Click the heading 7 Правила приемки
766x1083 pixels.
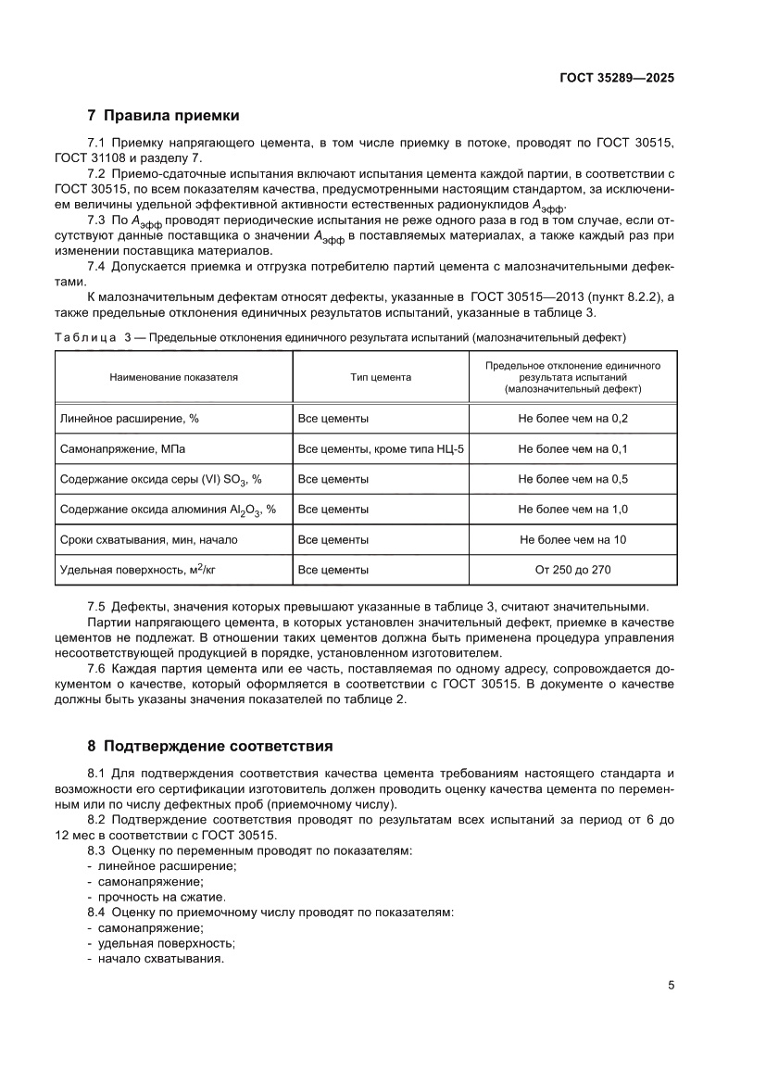coord(163,117)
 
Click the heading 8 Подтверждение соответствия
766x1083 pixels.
coord(209,745)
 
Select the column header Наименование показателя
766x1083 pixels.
coord(174,378)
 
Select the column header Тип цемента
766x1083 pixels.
coord(381,378)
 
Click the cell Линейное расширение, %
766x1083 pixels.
coord(129,419)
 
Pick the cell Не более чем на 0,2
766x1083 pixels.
coord(573,419)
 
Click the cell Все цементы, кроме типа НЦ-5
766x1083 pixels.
coord(381,448)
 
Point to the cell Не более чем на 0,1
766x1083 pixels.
coord(573,448)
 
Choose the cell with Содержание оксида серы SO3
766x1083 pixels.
coord(160,479)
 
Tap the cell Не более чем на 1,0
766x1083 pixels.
coord(573,509)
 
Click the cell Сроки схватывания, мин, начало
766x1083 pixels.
coord(148,539)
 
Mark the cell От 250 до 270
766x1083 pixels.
coord(573,570)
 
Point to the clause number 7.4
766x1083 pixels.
coord(97,267)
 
